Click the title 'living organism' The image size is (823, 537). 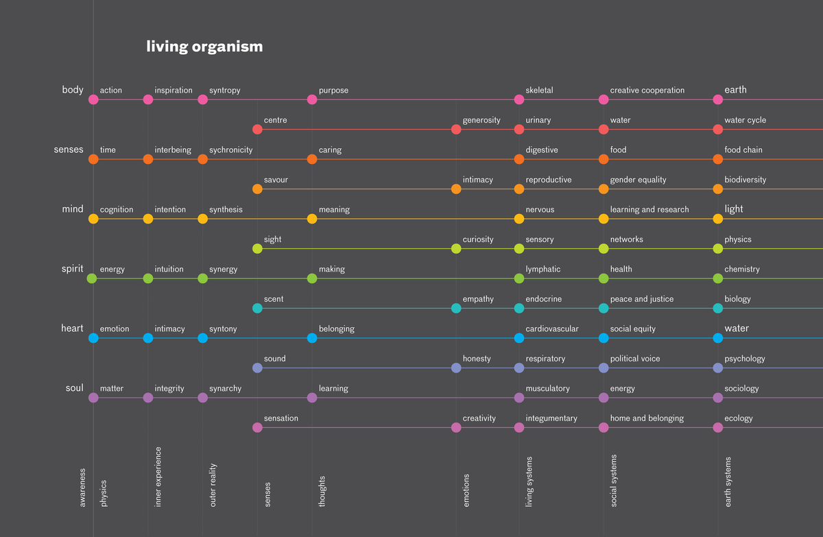point(204,47)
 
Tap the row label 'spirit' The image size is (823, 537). point(72,269)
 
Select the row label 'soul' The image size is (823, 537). point(74,388)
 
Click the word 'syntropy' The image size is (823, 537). point(224,91)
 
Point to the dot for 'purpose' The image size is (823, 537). point(312,99)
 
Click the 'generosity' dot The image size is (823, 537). point(456,129)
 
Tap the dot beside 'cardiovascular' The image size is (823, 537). point(519,338)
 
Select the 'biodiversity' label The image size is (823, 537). point(745,180)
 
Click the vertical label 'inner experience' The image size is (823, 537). point(158,477)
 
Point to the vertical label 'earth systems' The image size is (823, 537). point(728,481)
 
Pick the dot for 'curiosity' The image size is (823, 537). point(456,248)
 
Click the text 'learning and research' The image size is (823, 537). point(649,209)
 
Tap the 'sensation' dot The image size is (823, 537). point(257,427)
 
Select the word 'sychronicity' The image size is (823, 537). point(230,150)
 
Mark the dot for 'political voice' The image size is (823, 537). point(604,368)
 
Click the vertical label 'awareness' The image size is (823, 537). point(83,488)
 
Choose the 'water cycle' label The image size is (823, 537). point(745,120)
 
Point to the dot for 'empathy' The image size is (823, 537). point(456,308)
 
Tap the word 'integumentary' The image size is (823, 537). point(551,418)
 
